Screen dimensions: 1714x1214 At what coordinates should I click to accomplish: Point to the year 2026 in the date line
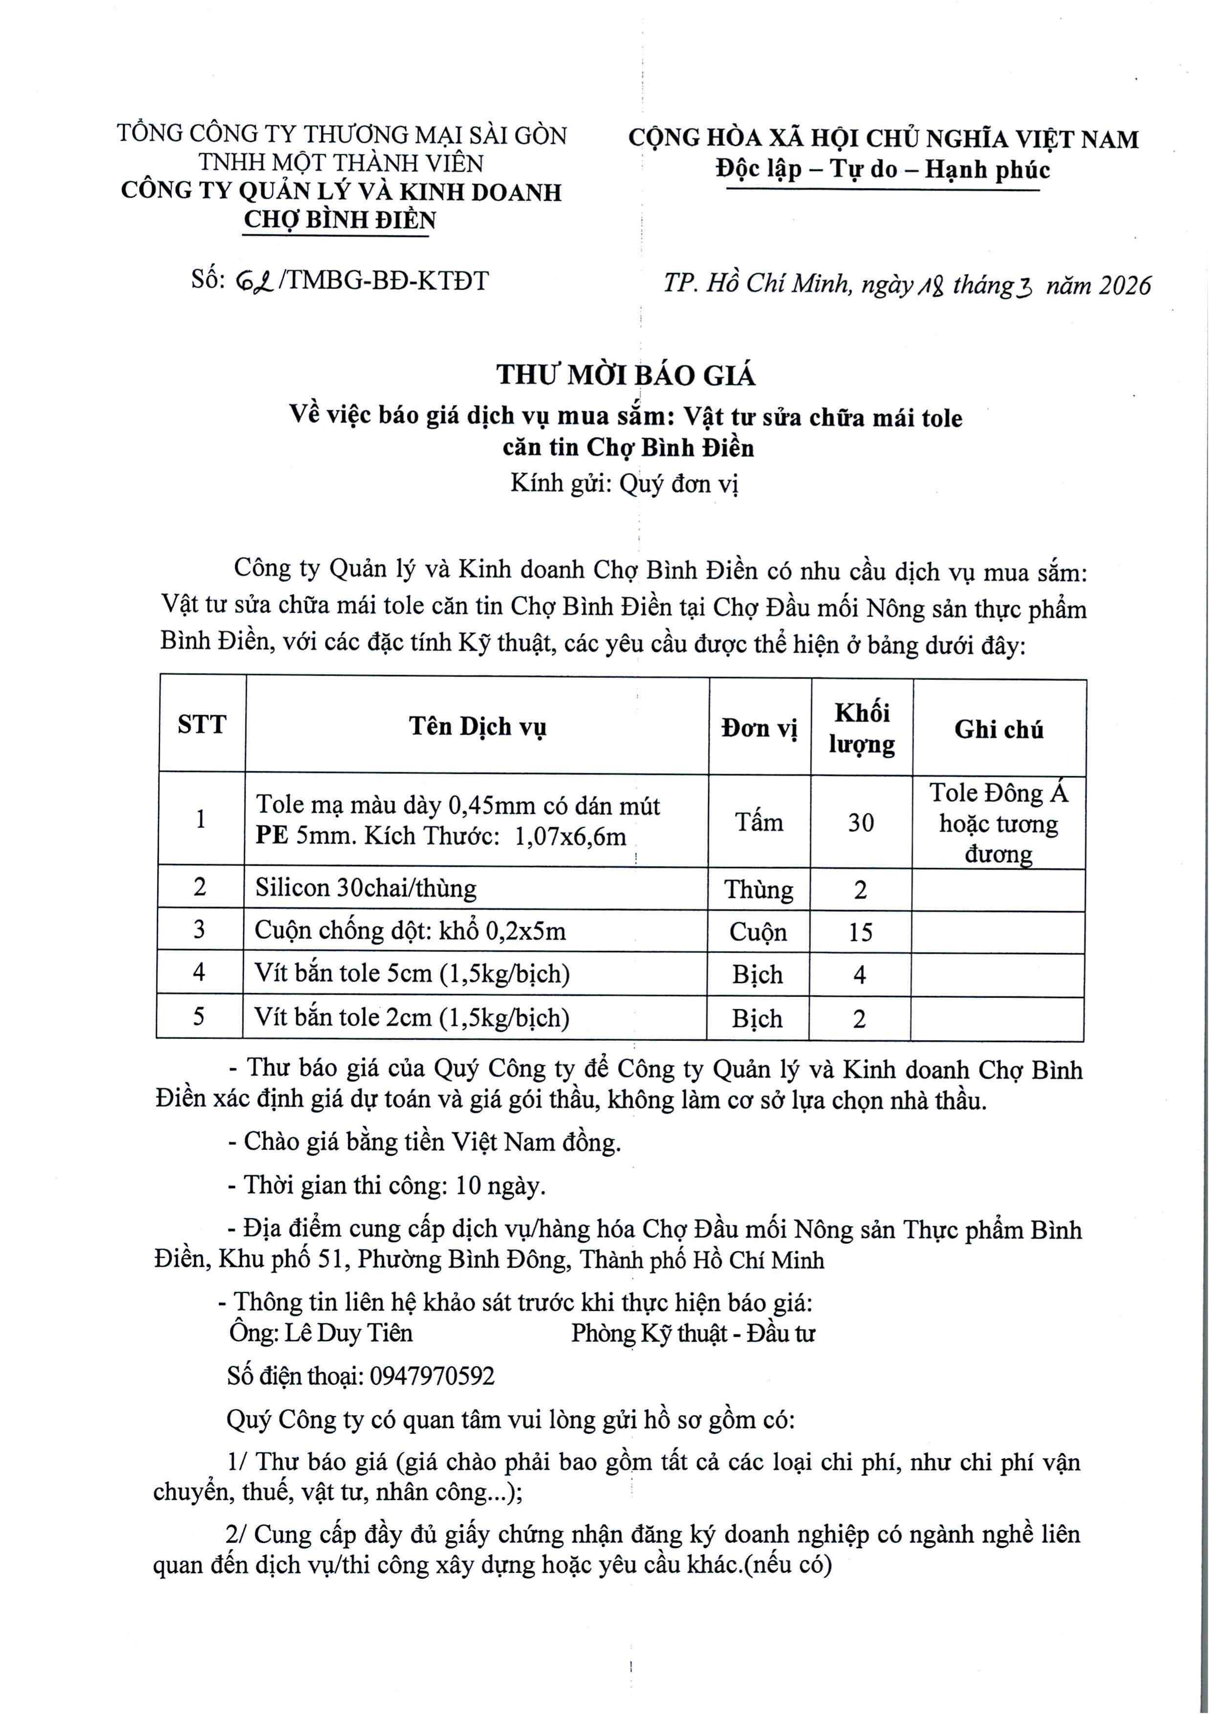[x=1125, y=285]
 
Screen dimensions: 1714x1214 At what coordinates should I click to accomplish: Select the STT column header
[x=202, y=725]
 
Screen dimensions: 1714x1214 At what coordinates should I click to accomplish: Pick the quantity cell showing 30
[x=861, y=823]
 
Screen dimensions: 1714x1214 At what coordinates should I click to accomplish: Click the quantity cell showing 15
[x=861, y=931]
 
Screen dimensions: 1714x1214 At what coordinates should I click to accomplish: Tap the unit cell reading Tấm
[x=759, y=823]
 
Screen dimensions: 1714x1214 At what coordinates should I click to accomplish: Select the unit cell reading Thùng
[x=759, y=889]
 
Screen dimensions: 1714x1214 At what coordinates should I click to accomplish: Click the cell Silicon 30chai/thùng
[x=366, y=888]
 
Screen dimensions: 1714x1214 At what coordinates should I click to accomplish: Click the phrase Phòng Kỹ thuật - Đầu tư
[x=693, y=1333]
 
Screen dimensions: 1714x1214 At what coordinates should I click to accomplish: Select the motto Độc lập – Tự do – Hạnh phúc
[x=882, y=169]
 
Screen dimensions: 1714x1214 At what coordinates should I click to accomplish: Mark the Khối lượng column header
[x=861, y=728]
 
